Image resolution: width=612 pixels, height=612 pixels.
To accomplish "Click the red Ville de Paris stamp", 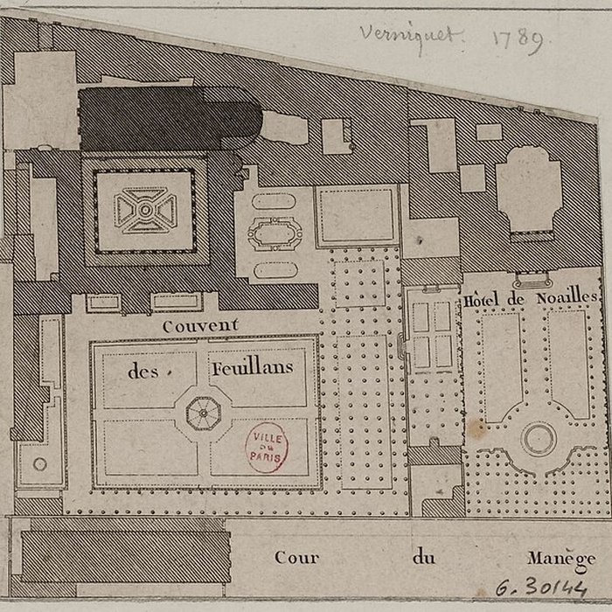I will point(267,447).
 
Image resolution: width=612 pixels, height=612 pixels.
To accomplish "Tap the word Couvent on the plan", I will point(200,325).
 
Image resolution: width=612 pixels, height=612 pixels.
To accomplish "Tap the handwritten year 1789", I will point(518,38).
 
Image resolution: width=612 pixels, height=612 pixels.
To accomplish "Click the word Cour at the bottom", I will point(296,557).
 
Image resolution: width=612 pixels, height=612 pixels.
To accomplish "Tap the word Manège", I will point(560,558).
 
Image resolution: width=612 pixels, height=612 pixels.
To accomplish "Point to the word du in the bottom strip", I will point(423,557).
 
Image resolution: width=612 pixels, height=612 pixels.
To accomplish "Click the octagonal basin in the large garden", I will point(203,411).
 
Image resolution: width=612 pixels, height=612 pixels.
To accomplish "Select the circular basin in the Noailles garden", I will point(538,437).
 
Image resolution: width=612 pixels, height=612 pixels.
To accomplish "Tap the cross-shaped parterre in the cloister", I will point(145,211).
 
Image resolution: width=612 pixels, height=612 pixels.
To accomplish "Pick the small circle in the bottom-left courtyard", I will point(39,464).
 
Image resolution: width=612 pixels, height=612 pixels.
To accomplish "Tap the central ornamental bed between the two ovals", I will point(275,233).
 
